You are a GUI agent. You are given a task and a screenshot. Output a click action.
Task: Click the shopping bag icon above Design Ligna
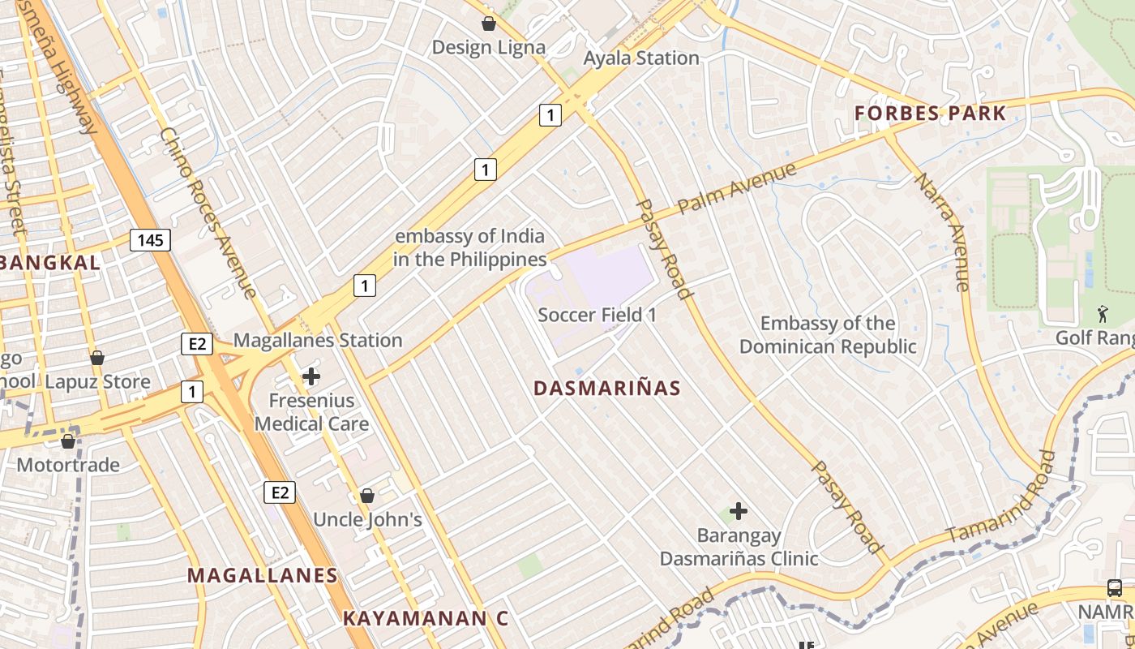point(489,23)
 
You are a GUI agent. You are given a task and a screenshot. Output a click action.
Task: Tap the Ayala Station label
point(641,58)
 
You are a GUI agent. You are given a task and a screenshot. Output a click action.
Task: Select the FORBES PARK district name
point(931,113)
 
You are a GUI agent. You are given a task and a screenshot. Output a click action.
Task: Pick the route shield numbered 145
point(150,239)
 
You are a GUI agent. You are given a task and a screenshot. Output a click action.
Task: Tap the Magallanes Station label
point(318,340)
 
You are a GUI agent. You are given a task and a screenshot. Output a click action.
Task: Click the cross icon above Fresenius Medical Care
point(311,376)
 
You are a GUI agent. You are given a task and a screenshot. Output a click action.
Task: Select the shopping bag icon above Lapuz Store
point(97,358)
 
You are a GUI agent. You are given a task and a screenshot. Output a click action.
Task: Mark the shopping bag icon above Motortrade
point(68,441)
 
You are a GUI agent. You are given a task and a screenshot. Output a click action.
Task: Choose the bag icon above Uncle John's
point(367,495)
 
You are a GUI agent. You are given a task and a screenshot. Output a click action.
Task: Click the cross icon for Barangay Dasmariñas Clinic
point(739,511)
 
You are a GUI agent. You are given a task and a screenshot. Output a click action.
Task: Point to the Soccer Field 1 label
point(597,315)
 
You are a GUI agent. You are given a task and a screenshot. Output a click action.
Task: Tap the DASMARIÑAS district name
point(607,389)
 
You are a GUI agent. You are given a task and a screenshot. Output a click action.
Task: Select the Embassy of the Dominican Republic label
point(828,335)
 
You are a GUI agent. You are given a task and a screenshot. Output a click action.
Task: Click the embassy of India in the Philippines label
point(469,247)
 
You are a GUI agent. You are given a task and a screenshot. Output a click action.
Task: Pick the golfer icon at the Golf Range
point(1103,312)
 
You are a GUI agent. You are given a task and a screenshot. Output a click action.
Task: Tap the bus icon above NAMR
point(1114,588)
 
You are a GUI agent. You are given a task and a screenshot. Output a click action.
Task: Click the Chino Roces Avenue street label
point(208,213)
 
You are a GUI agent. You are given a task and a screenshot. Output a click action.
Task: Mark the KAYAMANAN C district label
point(425,618)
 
